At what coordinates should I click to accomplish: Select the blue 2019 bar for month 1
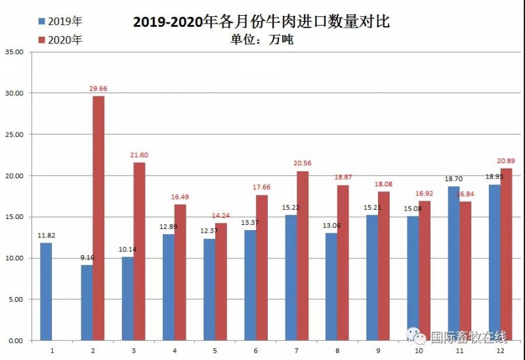(46, 292)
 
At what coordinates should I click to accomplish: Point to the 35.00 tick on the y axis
(13, 52)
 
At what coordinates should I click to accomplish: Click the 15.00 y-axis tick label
(13, 217)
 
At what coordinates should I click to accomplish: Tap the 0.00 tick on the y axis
(15, 341)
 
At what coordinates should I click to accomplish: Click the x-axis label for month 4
(175, 351)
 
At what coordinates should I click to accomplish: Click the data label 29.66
(99, 87)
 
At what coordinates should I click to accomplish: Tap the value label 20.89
(507, 161)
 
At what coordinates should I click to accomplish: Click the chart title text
(261, 22)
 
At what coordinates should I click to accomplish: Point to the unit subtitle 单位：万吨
(262, 40)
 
